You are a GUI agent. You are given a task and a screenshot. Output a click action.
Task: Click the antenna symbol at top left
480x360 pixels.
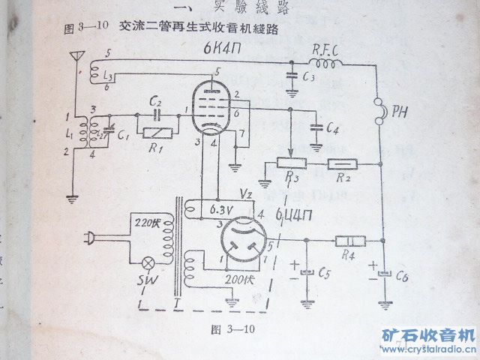[75, 57]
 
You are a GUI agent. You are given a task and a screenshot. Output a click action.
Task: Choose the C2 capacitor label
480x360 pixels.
[157, 101]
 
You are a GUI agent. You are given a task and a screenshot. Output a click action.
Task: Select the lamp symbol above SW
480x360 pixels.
[150, 264]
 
